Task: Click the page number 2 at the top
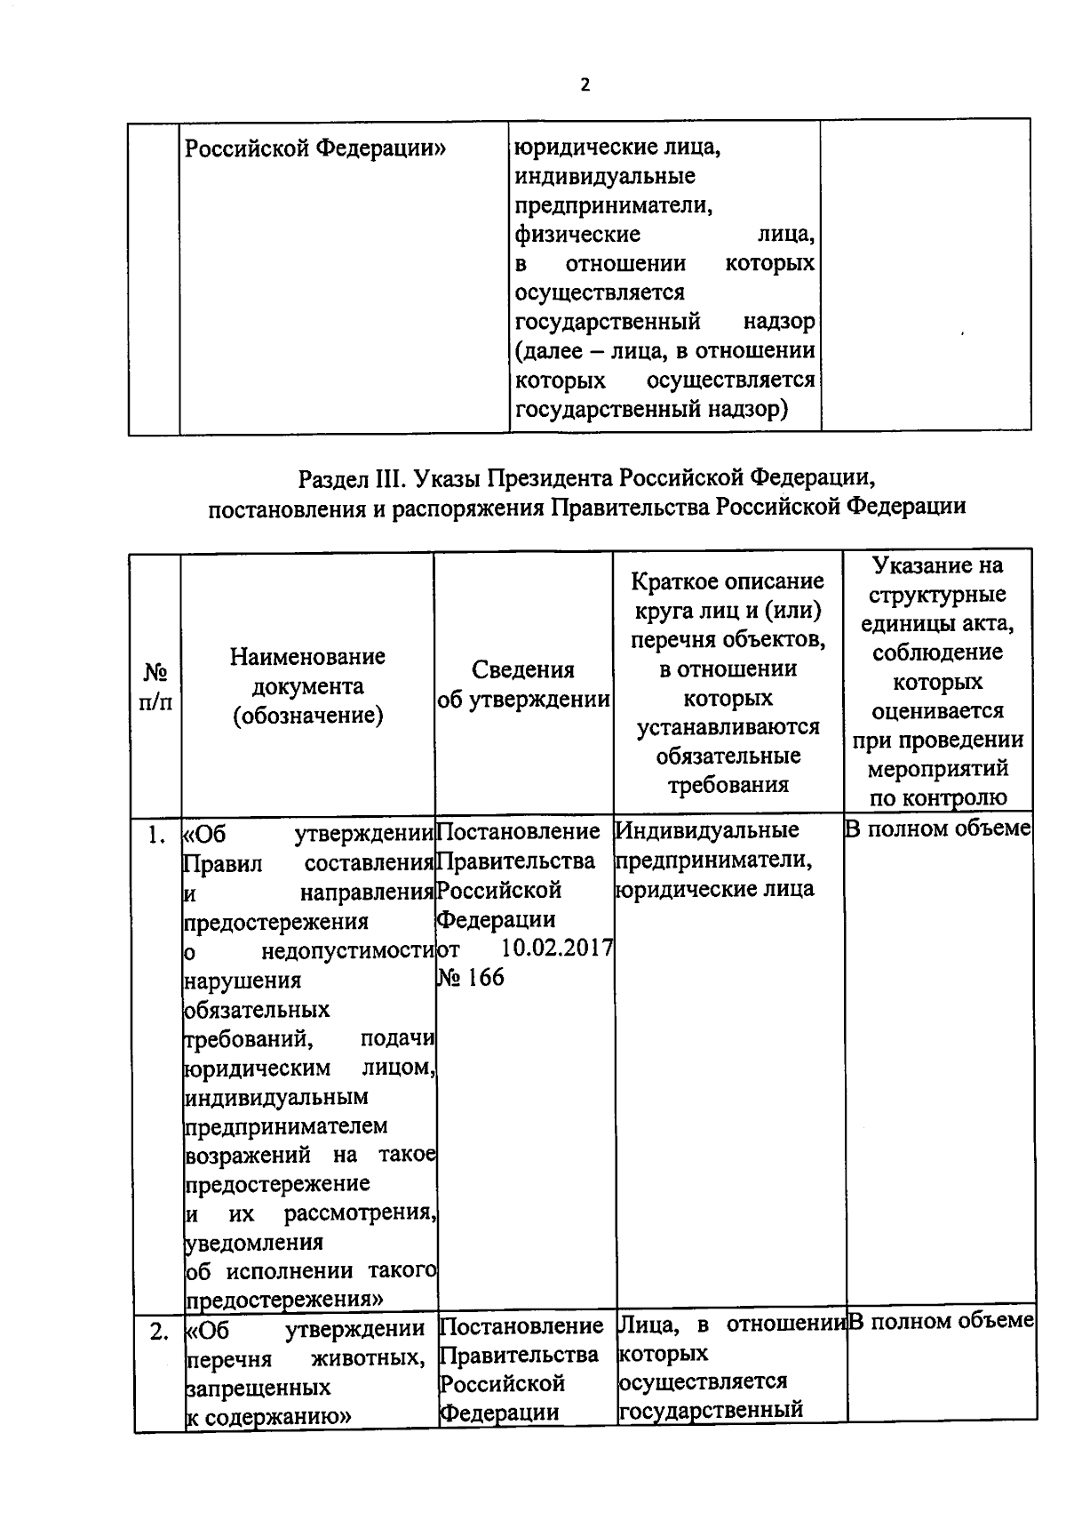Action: click(x=584, y=85)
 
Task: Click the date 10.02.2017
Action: click(x=557, y=948)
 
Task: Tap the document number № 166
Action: click(x=471, y=978)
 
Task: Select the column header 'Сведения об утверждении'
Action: click(x=523, y=684)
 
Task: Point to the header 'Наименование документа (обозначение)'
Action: click(x=307, y=685)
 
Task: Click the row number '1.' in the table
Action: click(x=156, y=835)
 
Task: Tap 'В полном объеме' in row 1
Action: click(x=937, y=829)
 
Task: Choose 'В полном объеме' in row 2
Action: click(x=941, y=1321)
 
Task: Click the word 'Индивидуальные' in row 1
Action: click(x=707, y=830)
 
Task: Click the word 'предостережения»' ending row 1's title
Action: click(x=283, y=1299)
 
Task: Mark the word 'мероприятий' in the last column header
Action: click(x=937, y=768)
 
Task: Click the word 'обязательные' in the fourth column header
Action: click(x=728, y=756)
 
